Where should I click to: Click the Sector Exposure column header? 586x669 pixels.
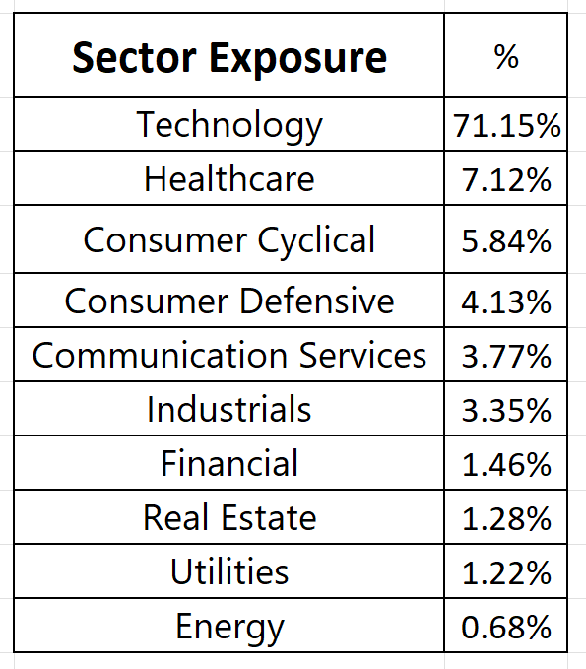(229, 57)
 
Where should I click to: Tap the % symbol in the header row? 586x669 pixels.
(506, 56)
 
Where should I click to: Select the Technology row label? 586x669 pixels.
(229, 126)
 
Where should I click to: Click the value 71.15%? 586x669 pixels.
(506, 126)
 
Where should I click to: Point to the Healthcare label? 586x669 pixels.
(229, 178)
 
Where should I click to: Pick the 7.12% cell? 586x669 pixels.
(506, 180)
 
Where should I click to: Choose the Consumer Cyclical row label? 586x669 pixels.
(229, 240)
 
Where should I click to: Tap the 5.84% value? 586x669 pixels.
(506, 241)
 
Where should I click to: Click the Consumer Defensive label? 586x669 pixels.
(229, 301)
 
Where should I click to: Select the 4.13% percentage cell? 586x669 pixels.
(506, 302)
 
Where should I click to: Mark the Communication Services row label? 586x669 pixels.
(229, 355)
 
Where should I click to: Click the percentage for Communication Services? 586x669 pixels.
(506, 357)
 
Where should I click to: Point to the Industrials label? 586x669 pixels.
(229, 409)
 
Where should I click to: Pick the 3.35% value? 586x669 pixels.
(506, 411)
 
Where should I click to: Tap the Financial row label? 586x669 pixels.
(229, 463)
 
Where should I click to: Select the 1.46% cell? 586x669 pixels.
(506, 464)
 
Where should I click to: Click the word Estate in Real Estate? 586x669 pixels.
(269, 517)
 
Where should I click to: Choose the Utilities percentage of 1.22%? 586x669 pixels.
(506, 572)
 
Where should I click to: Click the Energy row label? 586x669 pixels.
(229, 628)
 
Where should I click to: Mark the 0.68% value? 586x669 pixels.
(506, 627)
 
